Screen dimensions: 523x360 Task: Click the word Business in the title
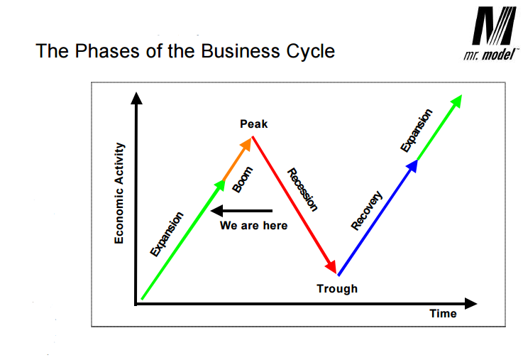click(240, 51)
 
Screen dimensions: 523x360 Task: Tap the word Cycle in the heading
click(311, 52)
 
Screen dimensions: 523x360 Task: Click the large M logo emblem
click(494, 26)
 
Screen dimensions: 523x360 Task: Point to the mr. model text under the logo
click(490, 55)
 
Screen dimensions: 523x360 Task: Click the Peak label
click(254, 124)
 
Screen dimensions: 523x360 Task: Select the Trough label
click(337, 288)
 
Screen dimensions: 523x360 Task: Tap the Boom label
click(243, 180)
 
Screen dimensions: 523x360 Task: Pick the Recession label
click(302, 190)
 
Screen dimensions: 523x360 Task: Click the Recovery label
click(367, 210)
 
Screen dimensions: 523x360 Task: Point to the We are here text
click(253, 226)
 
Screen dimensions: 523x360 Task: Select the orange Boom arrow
click(237, 160)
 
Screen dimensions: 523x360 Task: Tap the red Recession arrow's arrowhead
click(331, 266)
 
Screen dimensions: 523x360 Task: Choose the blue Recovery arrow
click(378, 217)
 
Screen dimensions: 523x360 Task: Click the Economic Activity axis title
click(119, 193)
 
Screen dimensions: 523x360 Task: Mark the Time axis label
click(443, 314)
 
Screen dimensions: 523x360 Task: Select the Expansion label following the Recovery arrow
click(417, 131)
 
